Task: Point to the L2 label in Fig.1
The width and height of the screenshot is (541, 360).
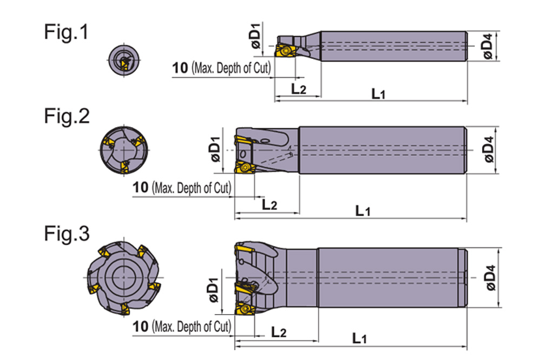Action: [x=298, y=89]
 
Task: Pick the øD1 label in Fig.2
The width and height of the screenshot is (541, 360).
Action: [x=215, y=149]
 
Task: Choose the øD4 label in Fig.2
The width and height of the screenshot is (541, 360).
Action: [x=489, y=150]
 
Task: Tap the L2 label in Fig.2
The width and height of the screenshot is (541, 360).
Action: [x=269, y=204]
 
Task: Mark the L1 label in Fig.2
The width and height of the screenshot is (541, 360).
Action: [x=362, y=211]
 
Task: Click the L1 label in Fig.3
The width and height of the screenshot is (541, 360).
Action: [x=359, y=339]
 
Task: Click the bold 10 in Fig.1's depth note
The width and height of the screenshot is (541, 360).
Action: [x=180, y=68]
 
